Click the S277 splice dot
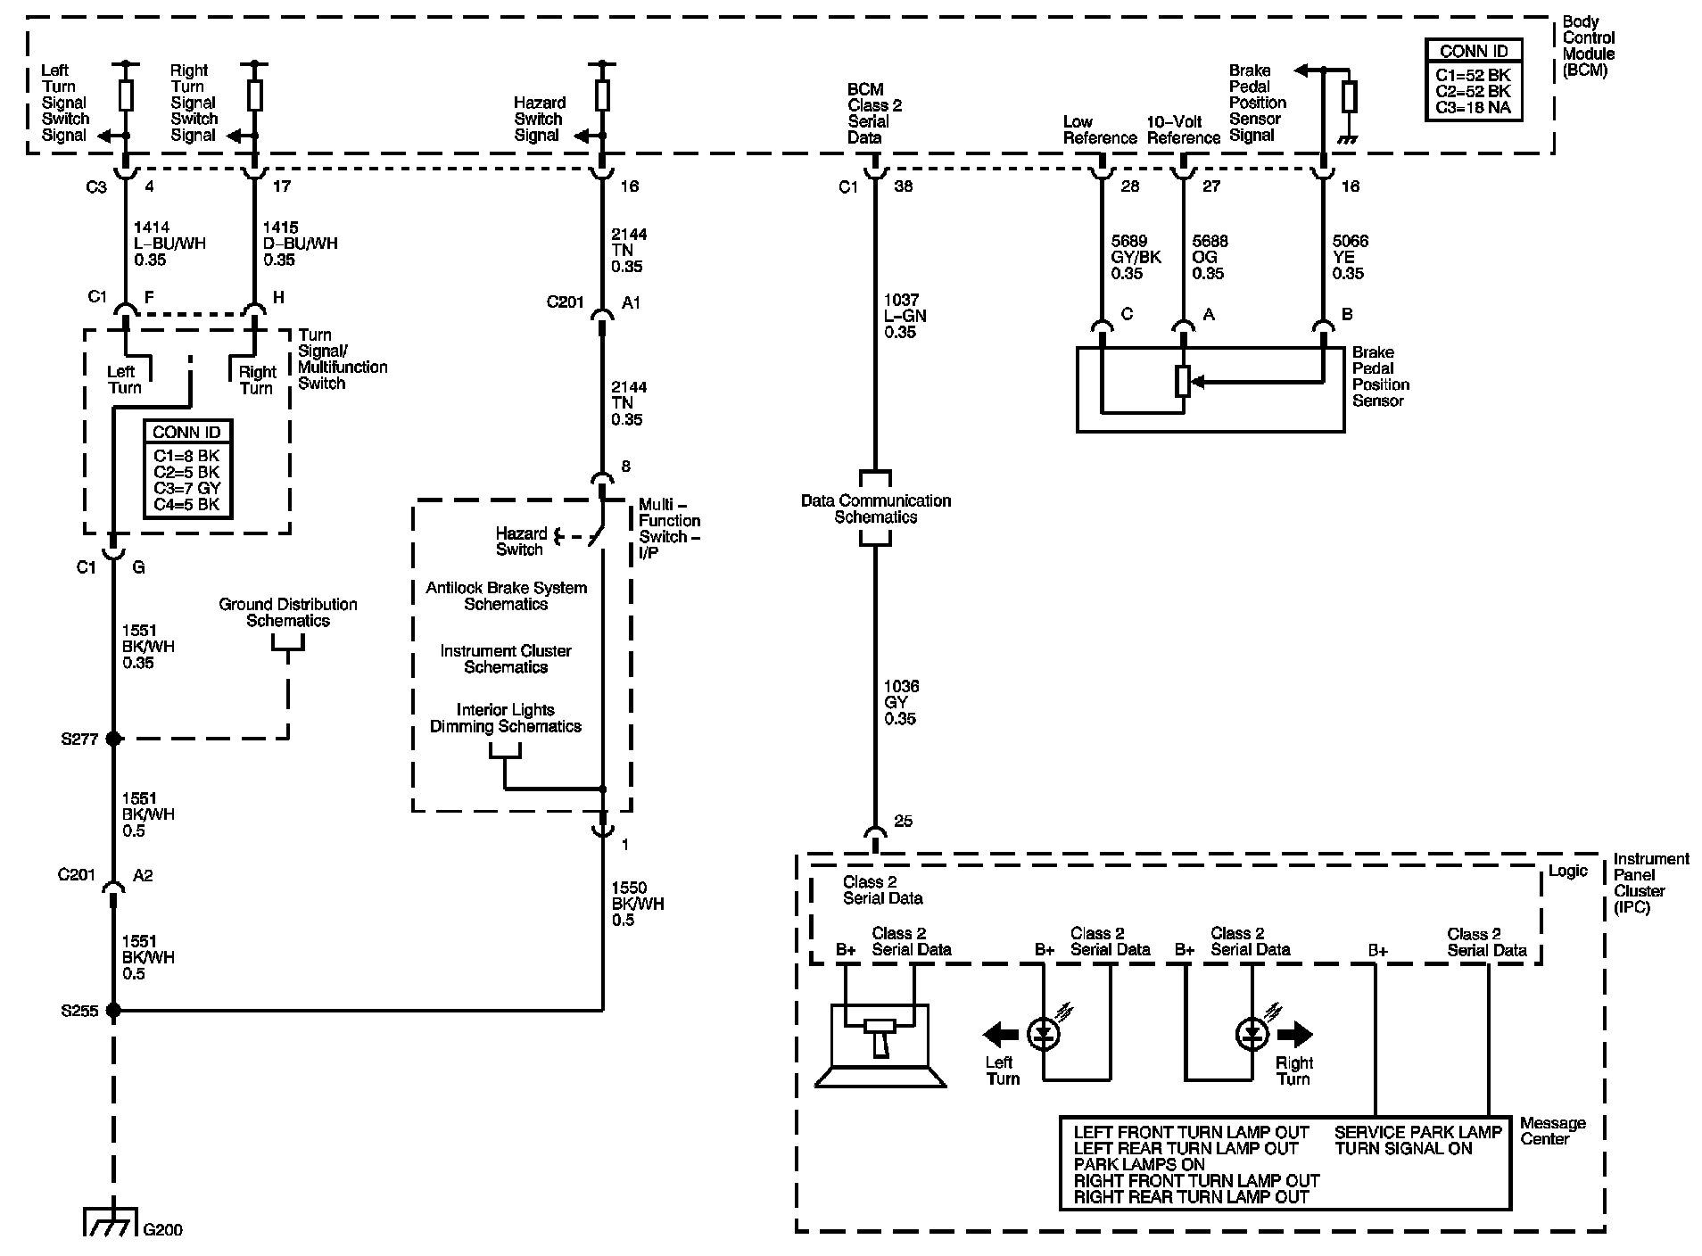[113, 739]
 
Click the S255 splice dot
[113, 1011]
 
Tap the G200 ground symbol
[111, 1221]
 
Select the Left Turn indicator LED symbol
[1044, 1034]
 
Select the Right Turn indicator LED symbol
[1252, 1034]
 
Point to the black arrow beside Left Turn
[1000, 1035]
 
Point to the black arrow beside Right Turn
[1295, 1035]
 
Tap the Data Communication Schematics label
[876, 508]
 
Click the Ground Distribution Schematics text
[288, 612]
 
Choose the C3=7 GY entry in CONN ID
[187, 488]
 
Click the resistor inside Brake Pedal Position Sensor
[1184, 381]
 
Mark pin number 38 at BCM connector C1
[904, 186]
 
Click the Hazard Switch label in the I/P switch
[522, 541]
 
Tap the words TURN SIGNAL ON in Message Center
[1403, 1149]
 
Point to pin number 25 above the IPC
[904, 821]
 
